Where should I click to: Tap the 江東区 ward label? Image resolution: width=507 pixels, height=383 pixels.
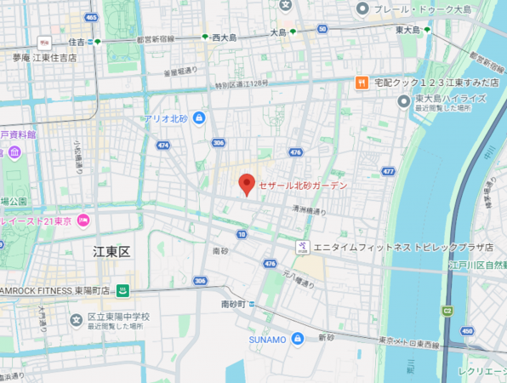pyautogui.click(x=111, y=252)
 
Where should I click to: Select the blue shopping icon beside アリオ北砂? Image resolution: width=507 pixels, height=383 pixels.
pyautogui.click(x=199, y=117)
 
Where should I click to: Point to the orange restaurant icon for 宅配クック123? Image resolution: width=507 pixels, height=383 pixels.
pyautogui.click(x=362, y=83)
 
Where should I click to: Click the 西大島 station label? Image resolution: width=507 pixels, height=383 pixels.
pyautogui.click(x=225, y=37)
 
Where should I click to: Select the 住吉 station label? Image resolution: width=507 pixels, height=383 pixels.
pyautogui.click(x=77, y=41)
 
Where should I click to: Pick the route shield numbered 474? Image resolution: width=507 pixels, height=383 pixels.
pyautogui.click(x=162, y=146)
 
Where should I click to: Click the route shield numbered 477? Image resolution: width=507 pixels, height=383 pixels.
pyautogui.click(x=388, y=171)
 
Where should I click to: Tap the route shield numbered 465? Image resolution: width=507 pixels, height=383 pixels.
pyautogui.click(x=91, y=17)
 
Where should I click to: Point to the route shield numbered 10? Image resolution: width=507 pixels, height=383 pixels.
pyautogui.click(x=242, y=234)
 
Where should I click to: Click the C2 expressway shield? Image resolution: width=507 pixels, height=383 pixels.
pyautogui.click(x=447, y=311)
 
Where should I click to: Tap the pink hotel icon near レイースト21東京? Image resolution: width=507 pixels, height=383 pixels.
pyautogui.click(x=83, y=221)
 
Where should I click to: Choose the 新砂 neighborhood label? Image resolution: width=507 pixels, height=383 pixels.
pyautogui.click(x=327, y=338)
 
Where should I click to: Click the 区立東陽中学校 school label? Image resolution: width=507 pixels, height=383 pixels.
pyautogui.click(x=118, y=317)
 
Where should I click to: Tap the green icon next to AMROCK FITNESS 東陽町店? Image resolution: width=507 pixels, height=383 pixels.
pyautogui.click(x=122, y=290)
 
